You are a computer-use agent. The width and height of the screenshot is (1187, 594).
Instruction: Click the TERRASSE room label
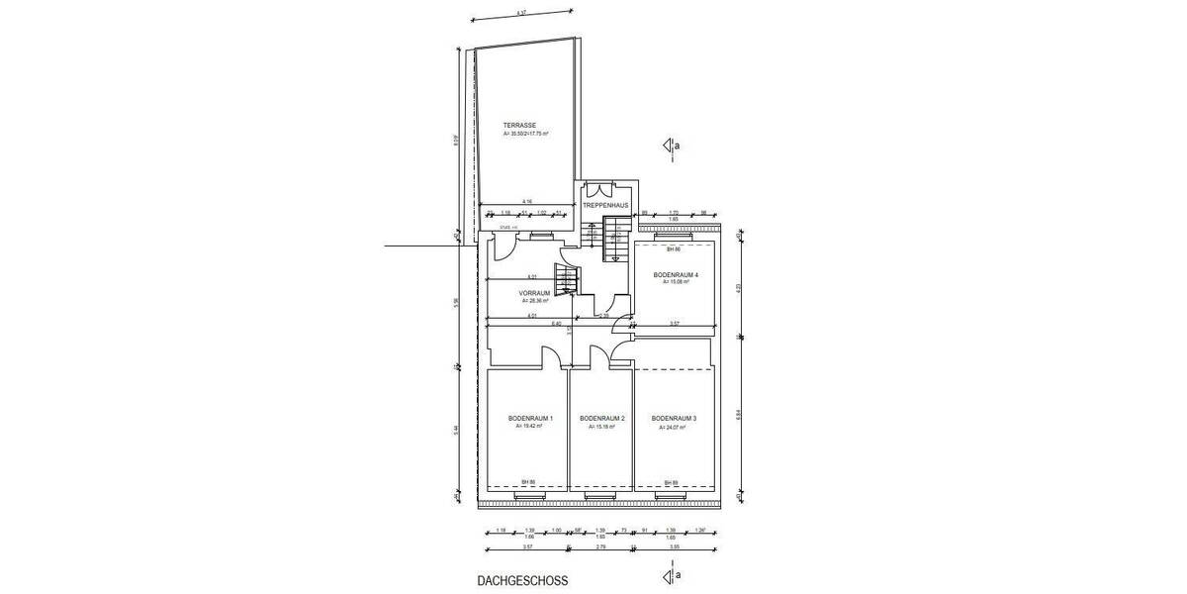click(519, 125)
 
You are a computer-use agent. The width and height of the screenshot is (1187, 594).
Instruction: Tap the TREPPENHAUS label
click(605, 205)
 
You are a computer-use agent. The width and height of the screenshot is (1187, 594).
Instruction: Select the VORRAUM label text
click(534, 294)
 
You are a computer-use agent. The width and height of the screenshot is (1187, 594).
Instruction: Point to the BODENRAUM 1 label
click(530, 419)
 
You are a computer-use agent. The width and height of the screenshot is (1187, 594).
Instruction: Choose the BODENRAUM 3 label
click(675, 419)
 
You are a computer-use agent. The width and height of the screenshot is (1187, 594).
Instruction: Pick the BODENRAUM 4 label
click(677, 274)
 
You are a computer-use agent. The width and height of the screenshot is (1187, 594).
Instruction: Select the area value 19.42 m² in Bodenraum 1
click(530, 427)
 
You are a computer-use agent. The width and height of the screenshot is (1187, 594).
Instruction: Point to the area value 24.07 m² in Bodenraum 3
click(675, 427)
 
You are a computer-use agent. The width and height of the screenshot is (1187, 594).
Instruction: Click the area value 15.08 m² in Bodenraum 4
click(677, 282)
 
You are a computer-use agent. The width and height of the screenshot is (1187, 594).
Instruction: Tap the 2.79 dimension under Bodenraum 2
click(600, 546)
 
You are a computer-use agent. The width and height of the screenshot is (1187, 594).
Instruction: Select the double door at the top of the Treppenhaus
click(604, 192)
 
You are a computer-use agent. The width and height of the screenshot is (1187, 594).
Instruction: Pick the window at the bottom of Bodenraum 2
click(599, 495)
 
